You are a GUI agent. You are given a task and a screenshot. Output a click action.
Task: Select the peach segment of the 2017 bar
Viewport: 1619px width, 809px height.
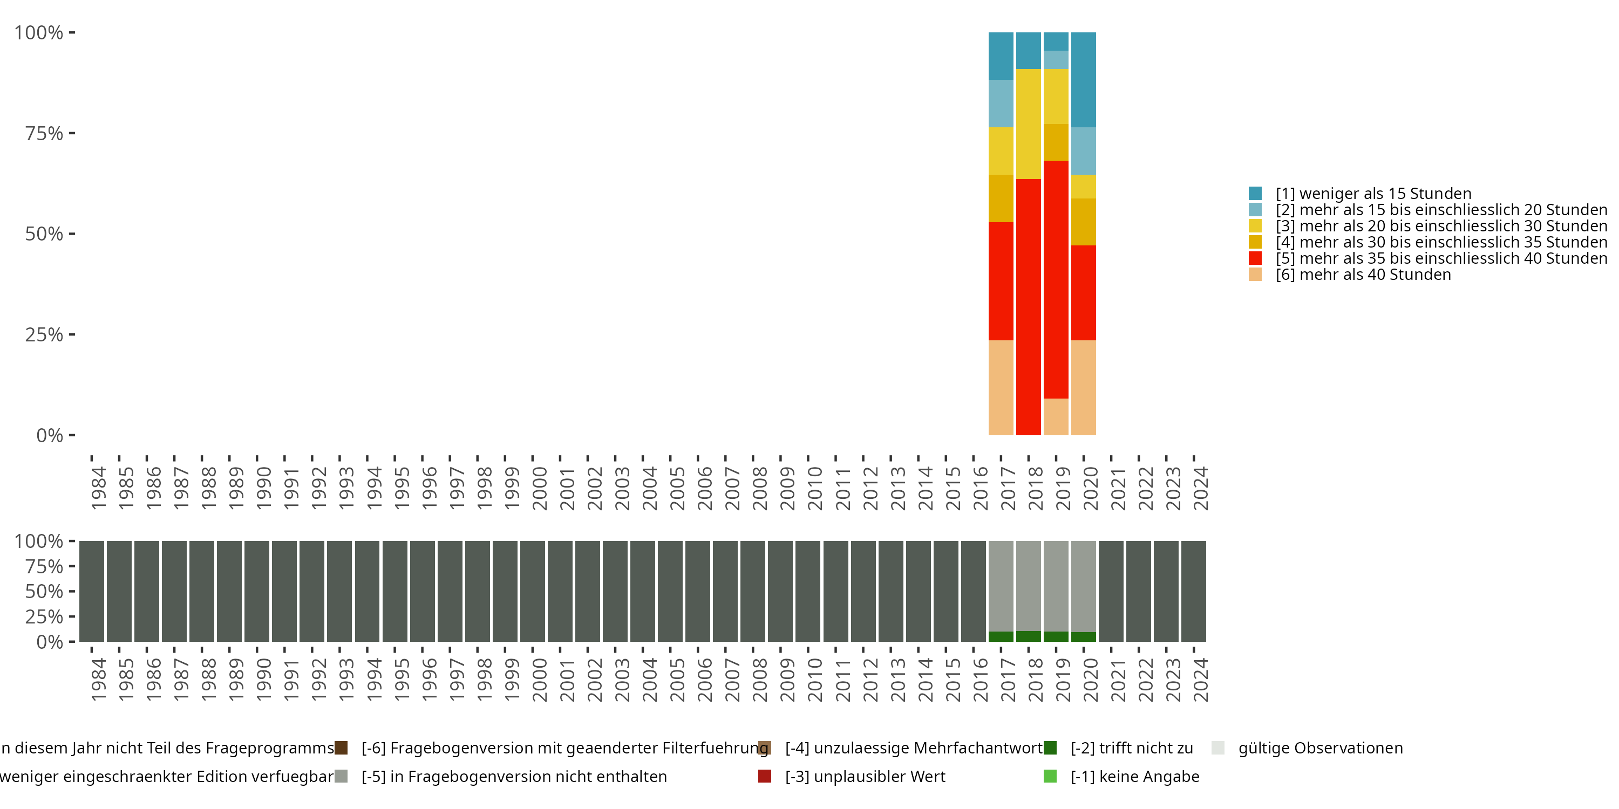click(1001, 388)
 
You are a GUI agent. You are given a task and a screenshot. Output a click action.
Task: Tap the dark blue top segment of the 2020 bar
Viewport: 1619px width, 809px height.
click(1084, 80)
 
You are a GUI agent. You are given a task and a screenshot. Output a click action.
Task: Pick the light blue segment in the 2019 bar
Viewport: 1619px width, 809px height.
click(1056, 60)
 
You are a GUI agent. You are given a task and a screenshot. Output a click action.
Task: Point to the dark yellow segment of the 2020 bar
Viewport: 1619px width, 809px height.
click(1084, 222)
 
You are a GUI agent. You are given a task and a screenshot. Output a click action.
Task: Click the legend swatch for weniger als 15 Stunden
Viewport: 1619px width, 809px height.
click(1255, 194)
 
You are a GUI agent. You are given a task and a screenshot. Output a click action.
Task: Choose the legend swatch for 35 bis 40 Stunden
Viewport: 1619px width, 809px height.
click(1255, 258)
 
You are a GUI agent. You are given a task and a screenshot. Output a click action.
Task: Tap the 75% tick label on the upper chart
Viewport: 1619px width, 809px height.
click(44, 133)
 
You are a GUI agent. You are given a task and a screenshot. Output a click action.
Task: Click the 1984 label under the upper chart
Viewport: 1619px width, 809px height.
click(99, 488)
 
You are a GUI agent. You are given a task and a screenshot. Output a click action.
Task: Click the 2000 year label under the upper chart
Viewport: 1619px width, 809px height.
click(540, 488)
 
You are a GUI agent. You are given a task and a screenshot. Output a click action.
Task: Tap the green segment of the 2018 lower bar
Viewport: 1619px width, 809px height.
click(1028, 636)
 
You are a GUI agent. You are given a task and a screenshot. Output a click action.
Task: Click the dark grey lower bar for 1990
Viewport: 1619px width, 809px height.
click(256, 591)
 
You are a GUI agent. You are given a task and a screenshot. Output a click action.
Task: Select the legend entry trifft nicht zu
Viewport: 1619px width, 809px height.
click(1131, 748)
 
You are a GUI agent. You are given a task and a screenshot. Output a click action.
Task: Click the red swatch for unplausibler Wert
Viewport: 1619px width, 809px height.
click(764, 776)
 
